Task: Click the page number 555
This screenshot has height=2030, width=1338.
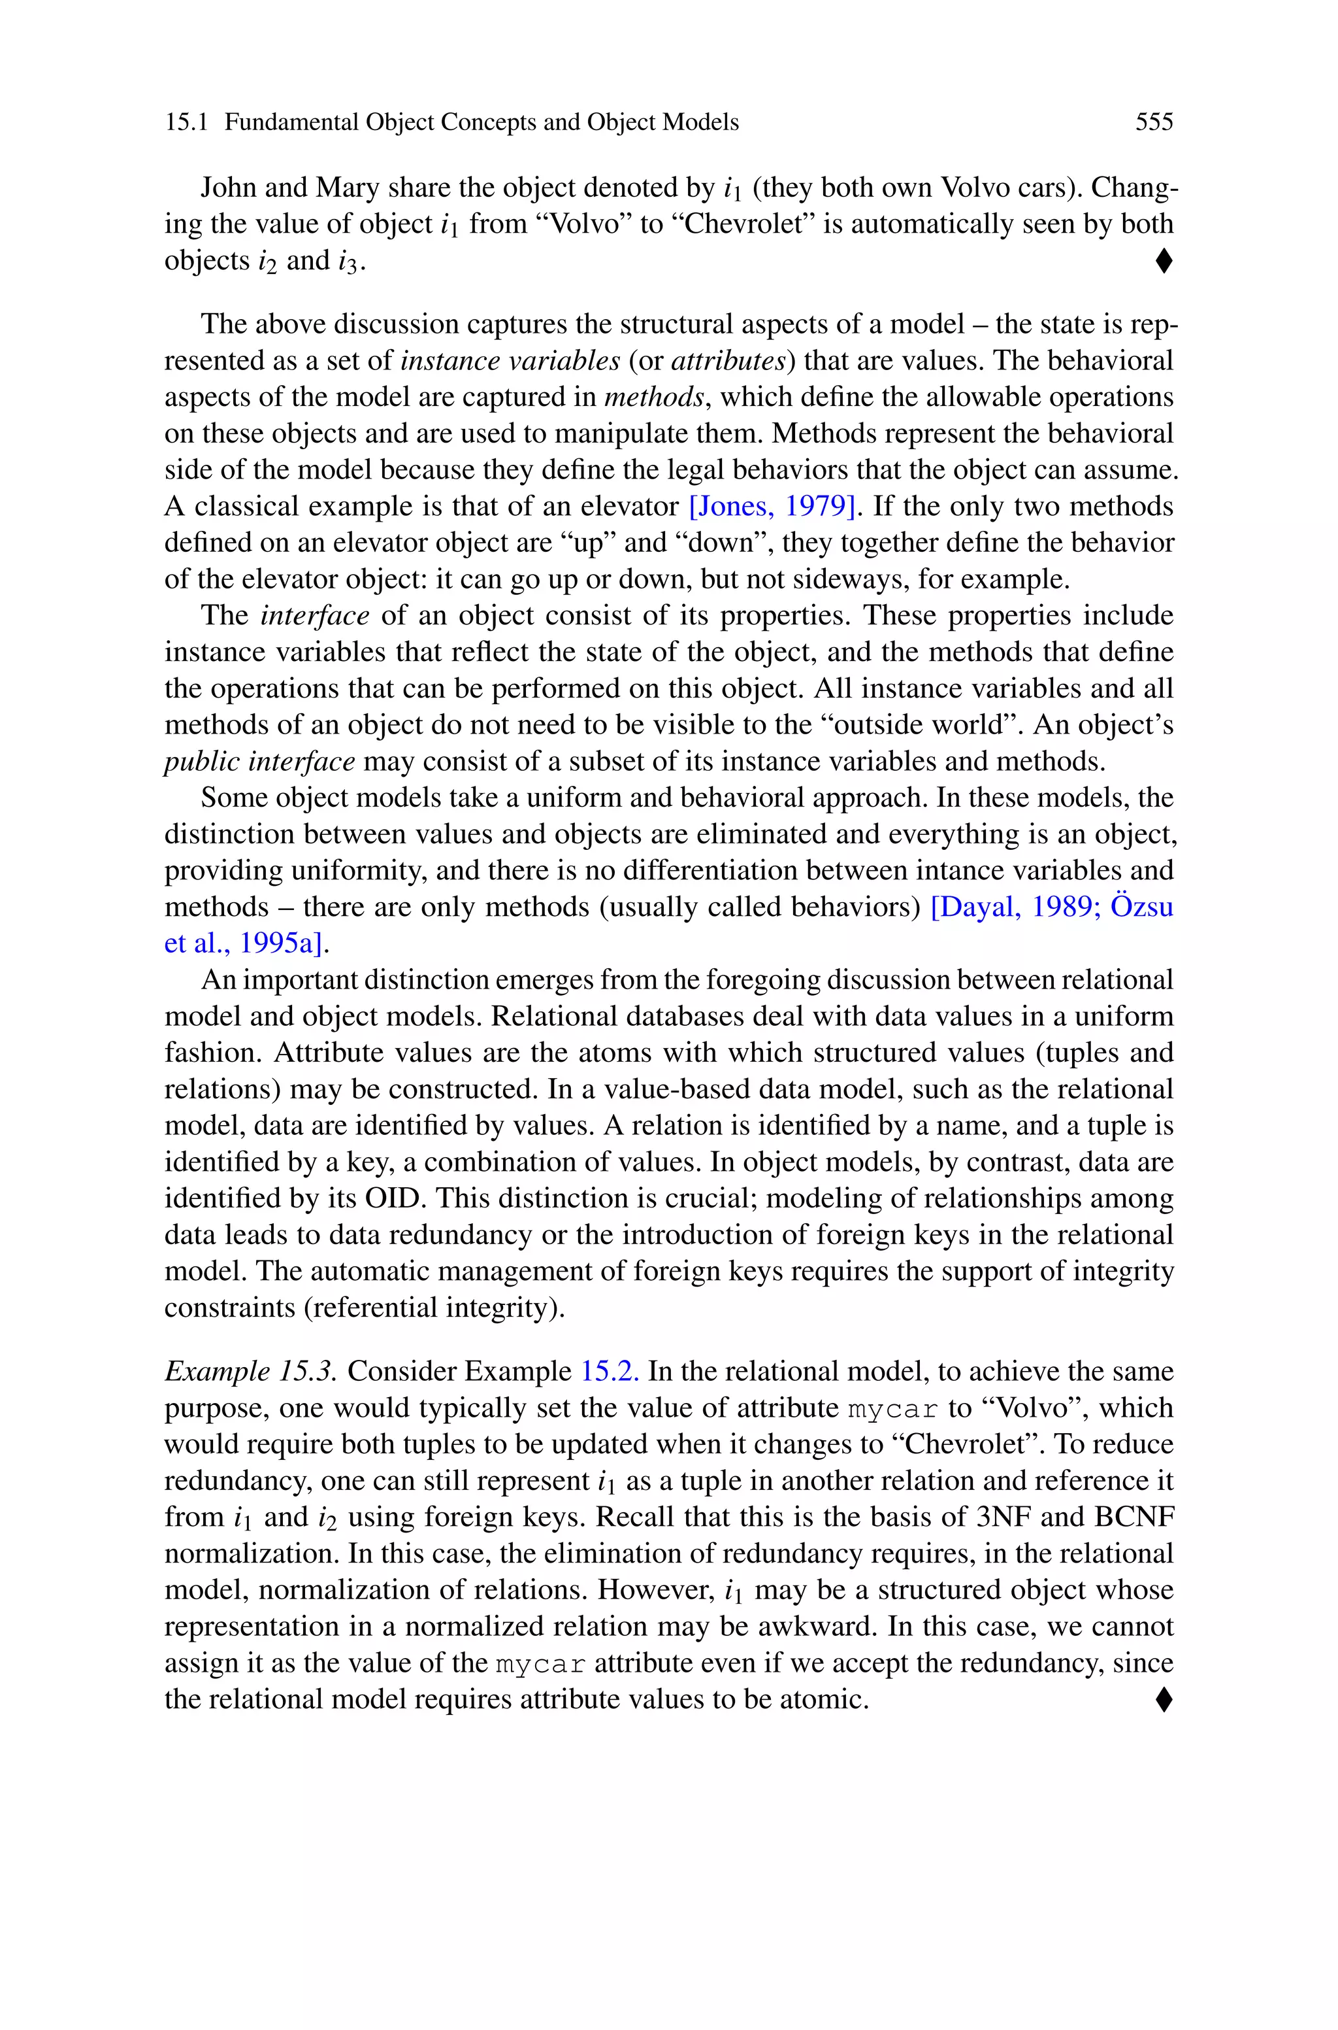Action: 1154,122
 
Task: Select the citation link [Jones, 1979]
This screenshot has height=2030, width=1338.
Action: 772,506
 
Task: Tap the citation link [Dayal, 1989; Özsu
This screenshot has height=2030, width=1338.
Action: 1051,907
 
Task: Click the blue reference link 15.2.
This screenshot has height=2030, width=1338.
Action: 610,1372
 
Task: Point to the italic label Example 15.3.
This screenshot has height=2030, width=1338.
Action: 251,1372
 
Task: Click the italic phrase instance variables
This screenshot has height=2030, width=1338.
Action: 510,361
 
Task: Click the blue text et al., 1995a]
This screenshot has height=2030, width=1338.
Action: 246,943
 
